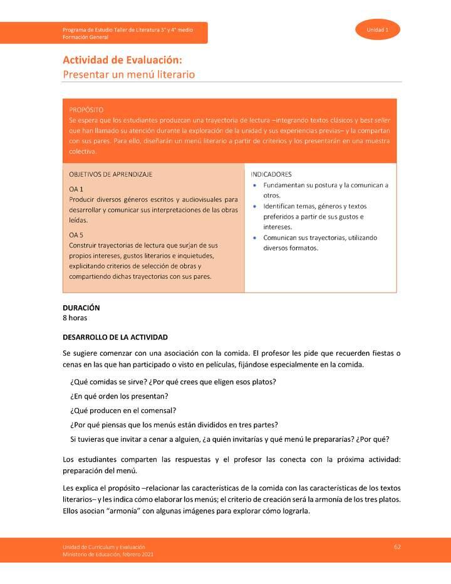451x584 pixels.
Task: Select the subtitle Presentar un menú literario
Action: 128,75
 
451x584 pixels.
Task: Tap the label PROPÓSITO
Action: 86,109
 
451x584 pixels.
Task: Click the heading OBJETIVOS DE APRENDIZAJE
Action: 110,174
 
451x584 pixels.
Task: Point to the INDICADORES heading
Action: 271,174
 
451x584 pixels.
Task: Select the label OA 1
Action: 76,189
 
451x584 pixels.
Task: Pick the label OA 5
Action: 76,234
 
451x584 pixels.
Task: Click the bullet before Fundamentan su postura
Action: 254,185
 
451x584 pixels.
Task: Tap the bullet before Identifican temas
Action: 254,206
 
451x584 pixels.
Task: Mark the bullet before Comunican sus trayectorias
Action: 254,238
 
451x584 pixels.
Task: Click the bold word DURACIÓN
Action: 81,308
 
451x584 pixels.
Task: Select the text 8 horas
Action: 75,318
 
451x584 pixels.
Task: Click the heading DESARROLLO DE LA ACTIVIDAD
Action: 115,337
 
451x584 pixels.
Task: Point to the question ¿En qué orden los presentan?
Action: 119,396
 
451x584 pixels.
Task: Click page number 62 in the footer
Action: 397,547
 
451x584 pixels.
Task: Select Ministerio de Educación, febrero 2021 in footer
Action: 108,555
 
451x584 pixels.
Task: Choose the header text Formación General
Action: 85,37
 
